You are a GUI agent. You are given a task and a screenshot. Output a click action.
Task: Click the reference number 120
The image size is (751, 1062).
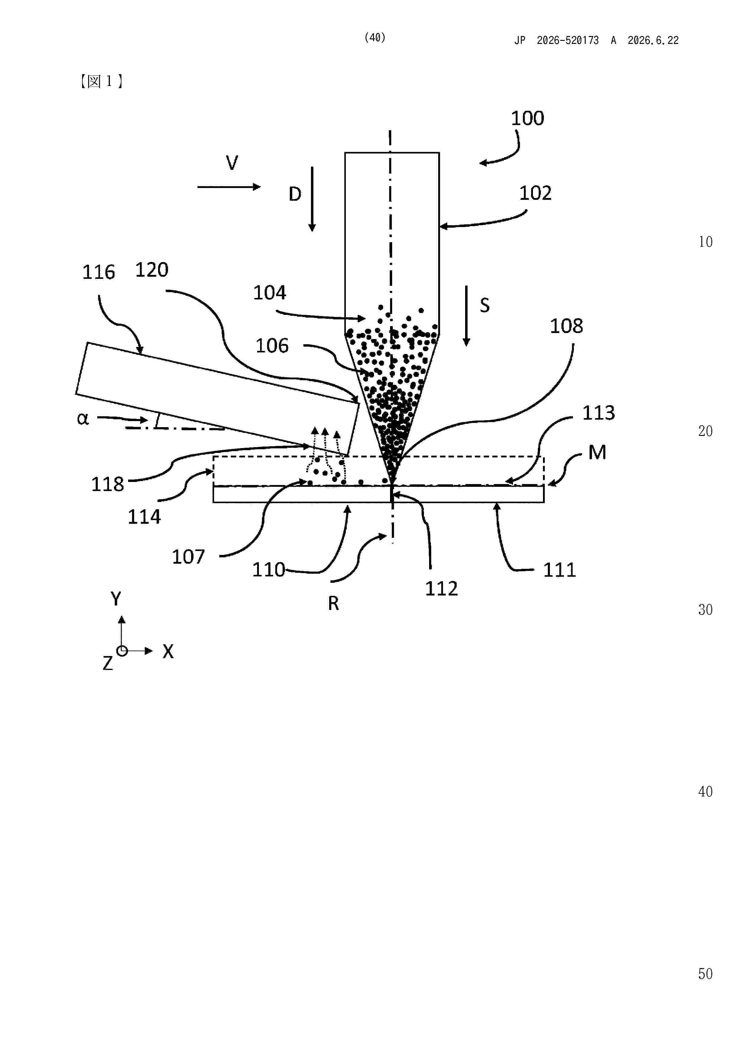coord(152,270)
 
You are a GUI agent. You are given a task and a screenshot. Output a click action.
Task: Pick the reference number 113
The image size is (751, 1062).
coord(598,413)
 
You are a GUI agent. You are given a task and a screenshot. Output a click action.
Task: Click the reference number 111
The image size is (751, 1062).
coord(559,570)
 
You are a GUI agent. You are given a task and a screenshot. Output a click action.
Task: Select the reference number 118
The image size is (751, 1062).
coord(108,484)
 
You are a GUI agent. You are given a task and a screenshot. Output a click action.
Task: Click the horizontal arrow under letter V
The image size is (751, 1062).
coord(229,187)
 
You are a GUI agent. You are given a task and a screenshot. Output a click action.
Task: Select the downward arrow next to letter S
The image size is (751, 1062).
coord(466,316)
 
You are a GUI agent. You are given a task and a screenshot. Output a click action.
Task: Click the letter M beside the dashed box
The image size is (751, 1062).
coord(597,452)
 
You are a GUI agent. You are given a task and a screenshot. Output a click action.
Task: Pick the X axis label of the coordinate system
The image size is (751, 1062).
coord(168,651)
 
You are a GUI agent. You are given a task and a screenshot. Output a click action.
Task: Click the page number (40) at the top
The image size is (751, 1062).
coord(375,38)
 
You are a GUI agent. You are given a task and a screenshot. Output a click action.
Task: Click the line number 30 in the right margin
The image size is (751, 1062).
coord(705,610)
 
